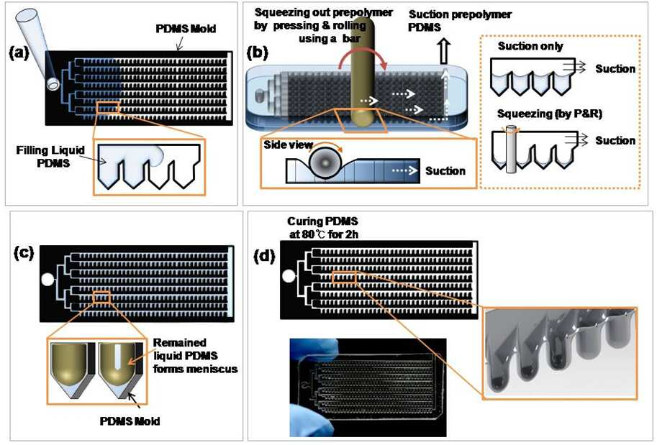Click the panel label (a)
pos(19,54)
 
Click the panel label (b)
pos(257,54)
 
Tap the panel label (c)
pos(24,253)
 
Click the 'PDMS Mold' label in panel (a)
pos(186,29)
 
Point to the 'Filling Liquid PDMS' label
pos(50,157)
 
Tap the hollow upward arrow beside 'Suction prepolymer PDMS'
pos(444,52)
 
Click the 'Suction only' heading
pos(530,46)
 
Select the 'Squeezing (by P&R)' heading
pos(549,114)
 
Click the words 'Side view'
pos(289,144)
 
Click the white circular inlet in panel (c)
pos(47,279)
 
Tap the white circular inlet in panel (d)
pos(289,276)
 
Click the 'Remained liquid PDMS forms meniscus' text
pos(195,355)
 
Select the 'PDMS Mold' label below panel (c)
pos(130,421)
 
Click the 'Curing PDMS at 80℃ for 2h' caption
pos(323,228)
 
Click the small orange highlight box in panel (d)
pos(344,277)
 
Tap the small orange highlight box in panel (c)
pos(101,297)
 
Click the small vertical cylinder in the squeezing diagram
pos(511,149)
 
